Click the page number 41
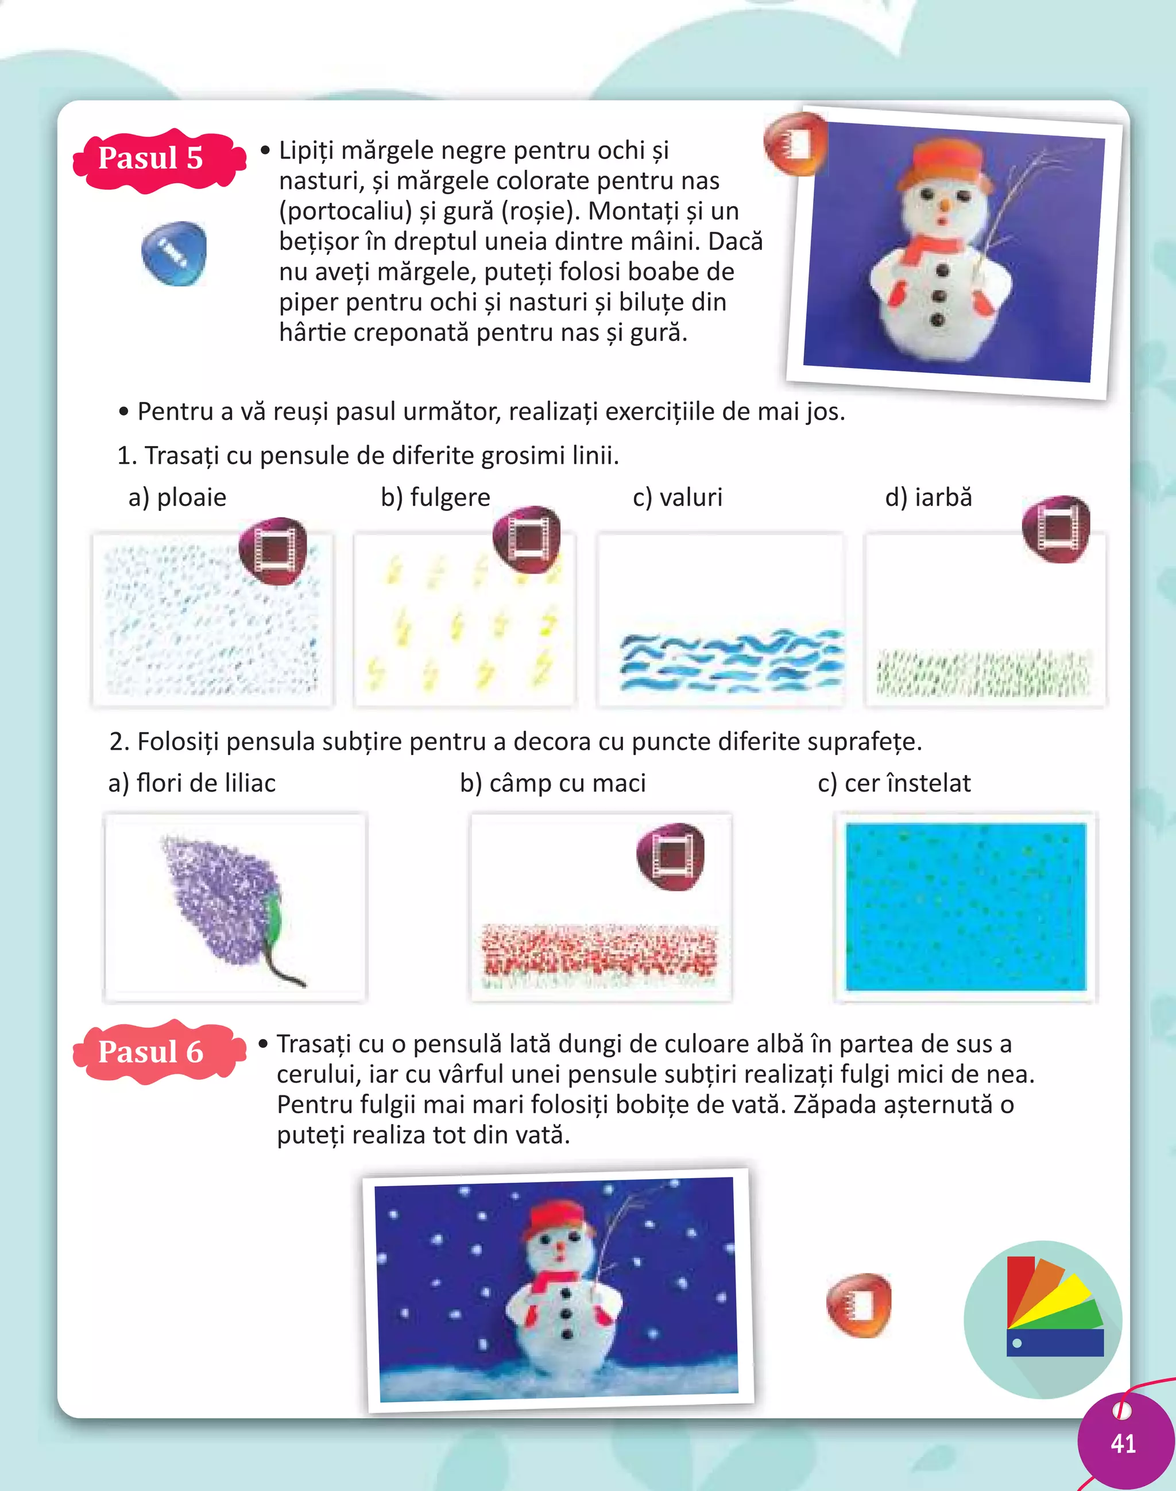coord(1123,1443)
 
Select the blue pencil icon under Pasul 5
coord(173,253)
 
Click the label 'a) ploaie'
coord(177,497)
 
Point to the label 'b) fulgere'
coord(435,497)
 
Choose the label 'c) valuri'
coord(678,497)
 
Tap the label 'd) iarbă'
coord(928,497)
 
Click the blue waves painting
coord(730,661)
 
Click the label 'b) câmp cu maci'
coord(553,783)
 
